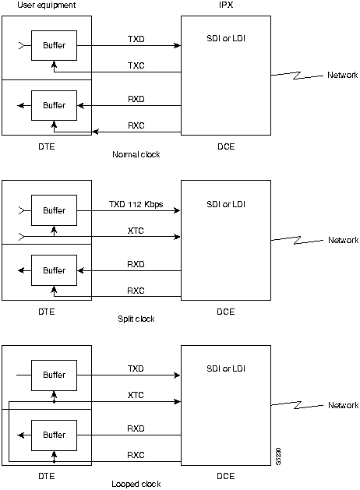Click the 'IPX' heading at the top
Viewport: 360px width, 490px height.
point(226,5)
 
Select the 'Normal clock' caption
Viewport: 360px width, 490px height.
point(136,154)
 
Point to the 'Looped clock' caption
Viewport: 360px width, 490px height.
point(136,484)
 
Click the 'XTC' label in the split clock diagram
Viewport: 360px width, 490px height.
point(136,231)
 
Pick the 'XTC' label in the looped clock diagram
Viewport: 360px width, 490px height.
point(136,395)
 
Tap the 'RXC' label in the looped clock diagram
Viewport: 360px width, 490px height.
point(136,455)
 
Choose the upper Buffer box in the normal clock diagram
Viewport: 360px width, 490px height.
point(54,46)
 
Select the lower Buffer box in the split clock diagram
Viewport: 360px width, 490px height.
point(54,270)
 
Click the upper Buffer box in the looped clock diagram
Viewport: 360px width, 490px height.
point(54,375)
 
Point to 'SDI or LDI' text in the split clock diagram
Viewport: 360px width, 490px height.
point(226,203)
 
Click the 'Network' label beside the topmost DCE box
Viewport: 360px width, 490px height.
point(342,76)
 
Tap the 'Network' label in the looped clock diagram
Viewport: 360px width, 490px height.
point(342,405)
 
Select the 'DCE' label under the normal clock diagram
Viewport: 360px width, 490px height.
point(226,145)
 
